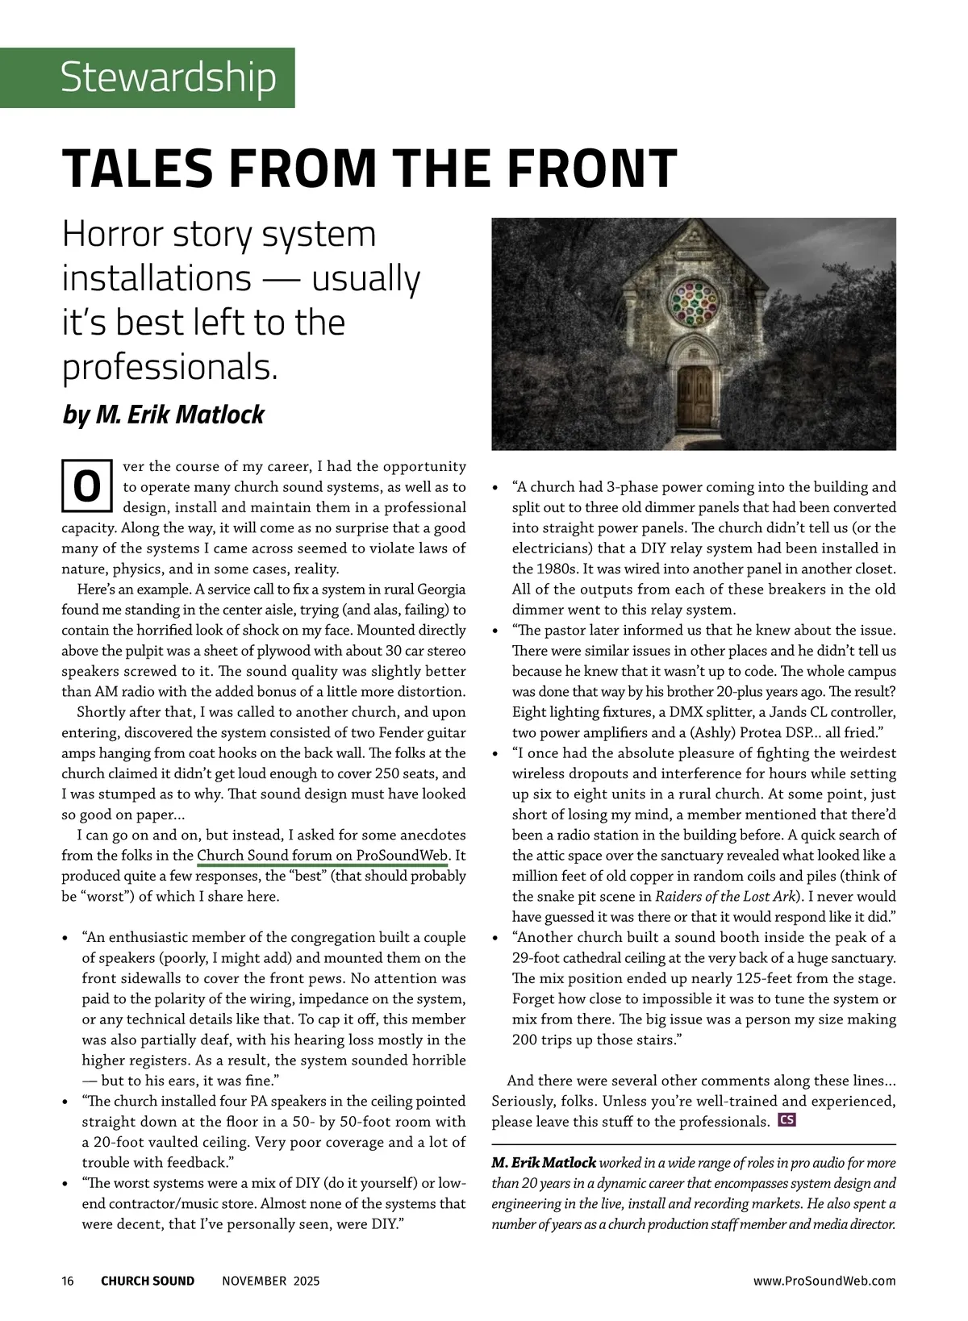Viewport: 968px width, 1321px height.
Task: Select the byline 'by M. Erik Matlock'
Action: point(164,415)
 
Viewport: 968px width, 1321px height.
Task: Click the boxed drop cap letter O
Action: point(87,486)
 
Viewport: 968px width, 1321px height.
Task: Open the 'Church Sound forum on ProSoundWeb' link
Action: point(322,856)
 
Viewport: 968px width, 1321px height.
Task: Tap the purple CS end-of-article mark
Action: point(786,1120)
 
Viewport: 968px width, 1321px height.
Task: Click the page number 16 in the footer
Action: point(68,1281)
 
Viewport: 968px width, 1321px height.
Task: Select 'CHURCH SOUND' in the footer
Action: point(148,1281)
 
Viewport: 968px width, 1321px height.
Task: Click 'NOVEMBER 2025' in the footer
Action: point(271,1281)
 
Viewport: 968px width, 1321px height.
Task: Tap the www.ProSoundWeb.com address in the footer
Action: point(824,1281)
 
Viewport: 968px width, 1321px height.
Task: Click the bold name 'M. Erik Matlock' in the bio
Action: point(544,1163)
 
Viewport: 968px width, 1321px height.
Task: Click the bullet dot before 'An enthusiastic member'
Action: point(65,938)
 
